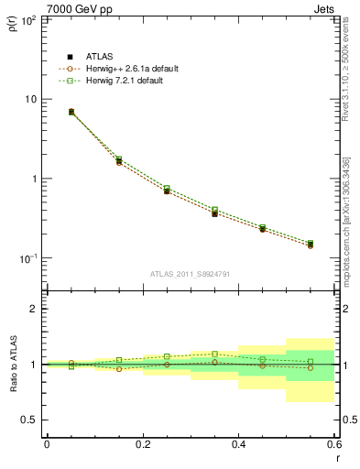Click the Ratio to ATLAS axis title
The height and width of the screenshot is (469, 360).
pyautogui.click(x=12, y=365)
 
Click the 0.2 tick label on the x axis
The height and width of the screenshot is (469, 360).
pyautogui.click(x=142, y=444)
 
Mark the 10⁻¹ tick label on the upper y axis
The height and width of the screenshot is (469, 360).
pyautogui.click(x=27, y=259)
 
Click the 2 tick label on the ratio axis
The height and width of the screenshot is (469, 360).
pyautogui.click(x=35, y=309)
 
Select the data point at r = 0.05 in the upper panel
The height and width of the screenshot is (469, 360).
pyautogui.click(x=71, y=112)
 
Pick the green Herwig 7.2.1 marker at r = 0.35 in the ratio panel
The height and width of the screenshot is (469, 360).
pyautogui.click(x=214, y=354)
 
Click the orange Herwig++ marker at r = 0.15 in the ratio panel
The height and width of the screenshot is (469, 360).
pyautogui.click(x=118, y=369)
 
